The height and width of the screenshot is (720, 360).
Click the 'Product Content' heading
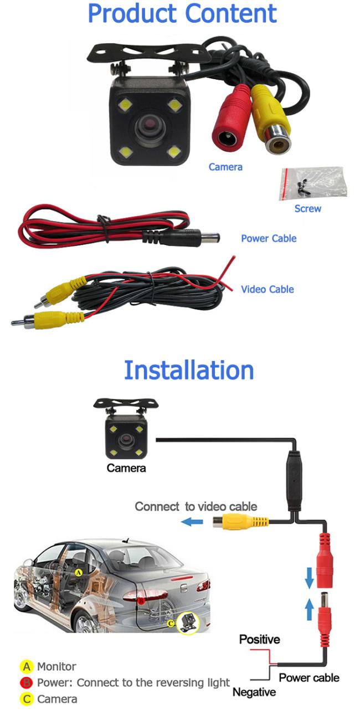[x=182, y=13]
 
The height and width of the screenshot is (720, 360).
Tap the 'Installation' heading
[x=189, y=371]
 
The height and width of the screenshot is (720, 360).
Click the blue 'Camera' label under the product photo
[x=225, y=167]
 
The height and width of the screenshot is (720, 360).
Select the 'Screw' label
[x=307, y=209]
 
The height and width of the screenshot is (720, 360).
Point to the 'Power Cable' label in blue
[x=269, y=239]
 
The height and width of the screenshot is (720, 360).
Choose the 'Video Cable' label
[x=268, y=289]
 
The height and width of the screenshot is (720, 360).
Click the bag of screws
[x=313, y=183]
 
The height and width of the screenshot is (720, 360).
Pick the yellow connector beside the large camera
[x=271, y=119]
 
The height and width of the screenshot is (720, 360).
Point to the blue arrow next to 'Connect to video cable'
[x=192, y=522]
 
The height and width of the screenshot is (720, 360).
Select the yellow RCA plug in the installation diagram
[x=240, y=521]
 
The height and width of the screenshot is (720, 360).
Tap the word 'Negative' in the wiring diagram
[x=254, y=692]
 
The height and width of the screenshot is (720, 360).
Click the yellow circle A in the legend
[x=27, y=667]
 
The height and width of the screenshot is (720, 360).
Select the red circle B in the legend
[x=27, y=683]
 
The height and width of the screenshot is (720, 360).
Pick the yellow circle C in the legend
[x=27, y=699]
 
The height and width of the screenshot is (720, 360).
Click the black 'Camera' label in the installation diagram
[x=126, y=469]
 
